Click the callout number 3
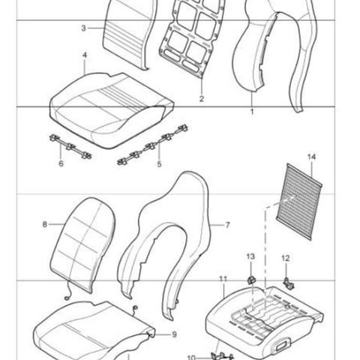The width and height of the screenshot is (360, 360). point(83,28)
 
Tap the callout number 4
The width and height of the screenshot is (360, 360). point(85,55)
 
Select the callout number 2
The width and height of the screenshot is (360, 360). point(202,99)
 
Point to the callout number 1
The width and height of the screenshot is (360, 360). point(252,112)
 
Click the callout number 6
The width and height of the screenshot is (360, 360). point(61,163)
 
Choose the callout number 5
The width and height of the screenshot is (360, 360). point(160,164)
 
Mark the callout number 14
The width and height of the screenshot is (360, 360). point(311,157)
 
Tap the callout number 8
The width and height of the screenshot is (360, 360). point(45,224)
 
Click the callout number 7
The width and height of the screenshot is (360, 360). point(227,225)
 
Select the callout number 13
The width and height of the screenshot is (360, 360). point(250,256)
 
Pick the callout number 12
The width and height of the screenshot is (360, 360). point(286,258)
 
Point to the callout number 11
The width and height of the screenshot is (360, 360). point(223,279)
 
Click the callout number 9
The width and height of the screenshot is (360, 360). point(174,334)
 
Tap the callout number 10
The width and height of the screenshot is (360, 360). point(191,358)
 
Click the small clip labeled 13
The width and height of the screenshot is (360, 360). point(251,280)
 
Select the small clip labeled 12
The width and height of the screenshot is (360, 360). point(289,283)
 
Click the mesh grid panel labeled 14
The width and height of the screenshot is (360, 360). point(299,202)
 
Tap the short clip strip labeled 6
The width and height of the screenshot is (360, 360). point(70,147)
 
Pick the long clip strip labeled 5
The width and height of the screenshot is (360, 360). point(152,145)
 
